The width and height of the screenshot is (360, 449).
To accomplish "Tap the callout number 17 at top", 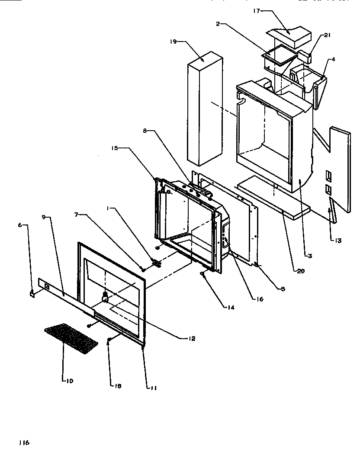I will [256, 11].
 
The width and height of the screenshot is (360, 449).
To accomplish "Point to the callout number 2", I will [219, 24].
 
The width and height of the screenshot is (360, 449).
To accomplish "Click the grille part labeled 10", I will [71, 338].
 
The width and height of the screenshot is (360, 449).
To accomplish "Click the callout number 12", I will [191, 339].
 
